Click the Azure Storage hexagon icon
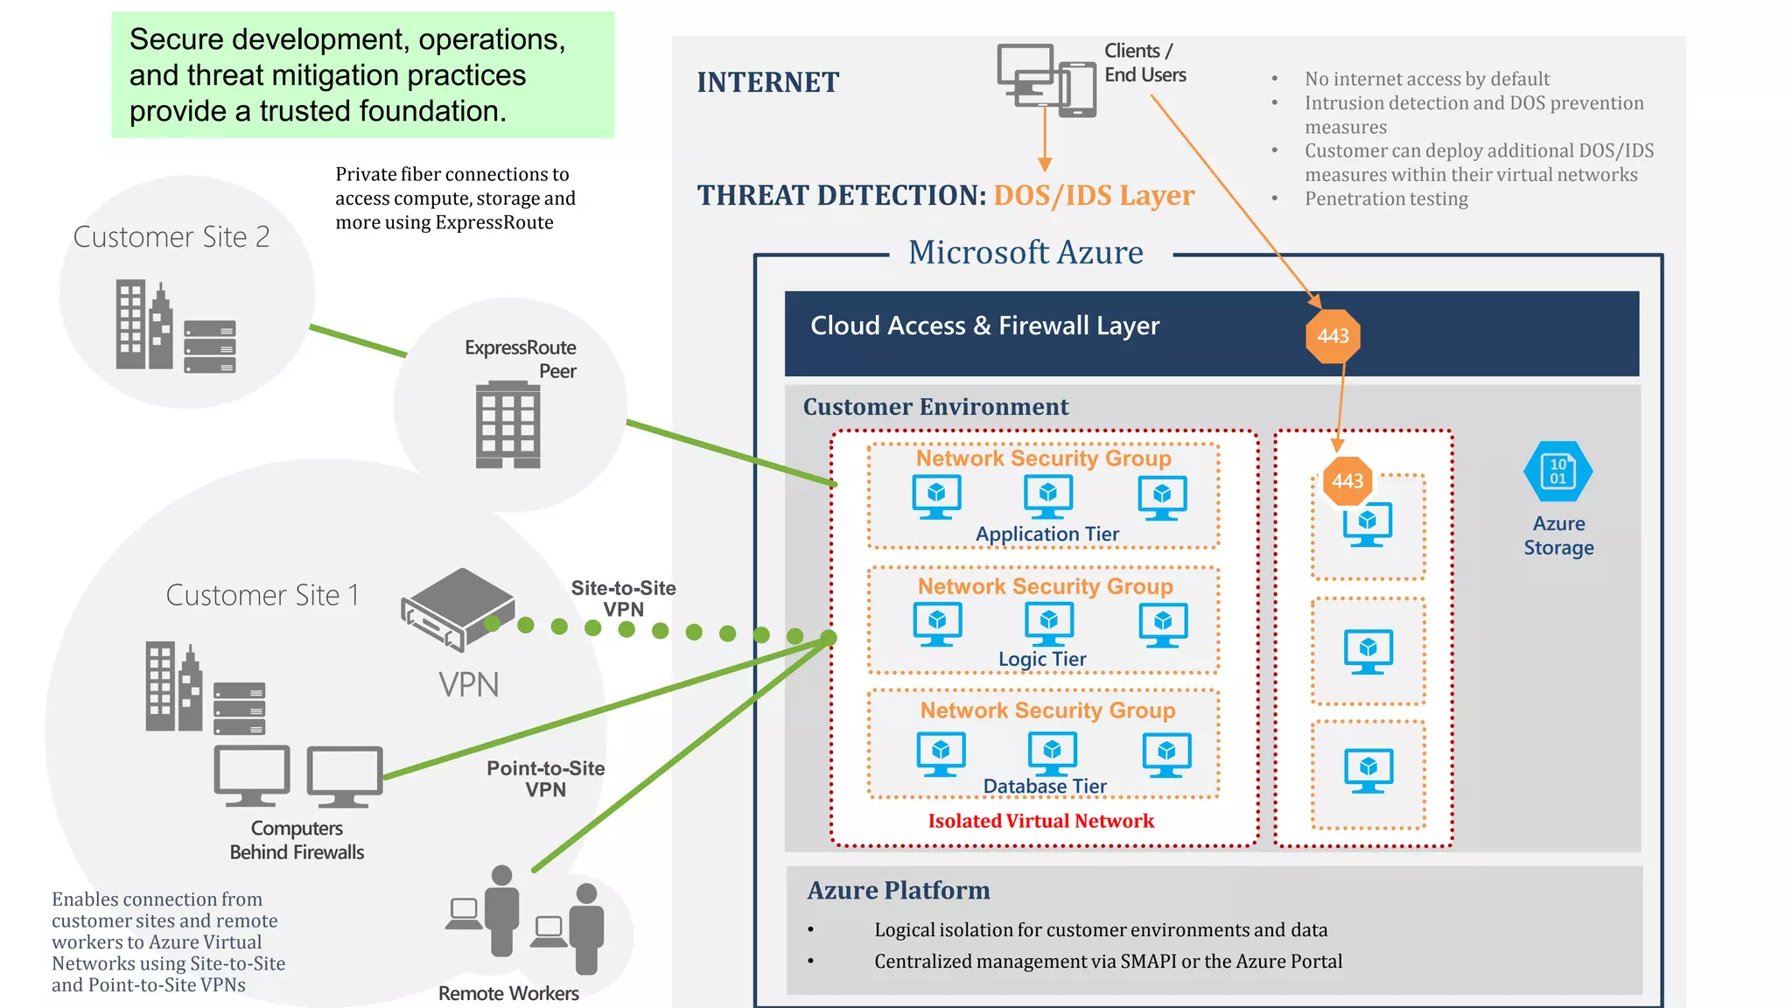point(1557,472)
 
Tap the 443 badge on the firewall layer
point(1333,336)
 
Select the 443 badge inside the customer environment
point(1347,481)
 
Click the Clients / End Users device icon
point(1046,80)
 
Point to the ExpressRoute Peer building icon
point(507,424)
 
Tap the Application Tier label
point(1046,534)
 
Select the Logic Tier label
point(1042,659)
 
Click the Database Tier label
point(1045,786)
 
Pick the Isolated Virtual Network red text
point(1040,821)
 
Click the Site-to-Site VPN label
point(623,598)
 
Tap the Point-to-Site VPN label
point(545,779)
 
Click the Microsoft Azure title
point(1025,253)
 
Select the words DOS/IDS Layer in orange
point(1094,195)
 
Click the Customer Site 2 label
point(171,237)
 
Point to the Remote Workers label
point(508,993)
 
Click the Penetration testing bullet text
point(1386,199)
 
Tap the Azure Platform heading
point(898,891)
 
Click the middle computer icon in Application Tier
point(1047,496)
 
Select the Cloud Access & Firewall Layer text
point(984,325)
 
